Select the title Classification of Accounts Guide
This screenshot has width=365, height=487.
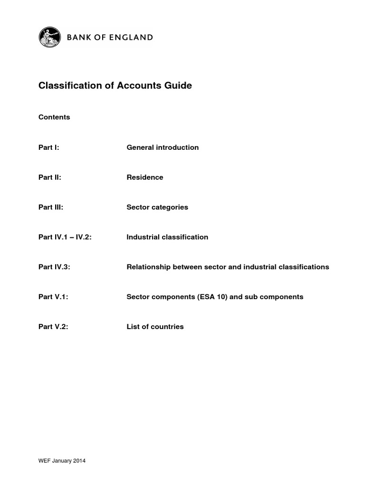coord(115,86)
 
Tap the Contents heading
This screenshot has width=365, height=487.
coord(54,117)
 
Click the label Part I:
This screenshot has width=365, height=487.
coord(48,147)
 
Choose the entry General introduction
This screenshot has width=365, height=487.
coord(163,147)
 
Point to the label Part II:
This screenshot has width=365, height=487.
coord(50,177)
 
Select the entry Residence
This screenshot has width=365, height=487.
coord(145,177)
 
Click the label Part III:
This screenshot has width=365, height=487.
coord(51,207)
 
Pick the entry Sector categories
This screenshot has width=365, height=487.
coord(157,207)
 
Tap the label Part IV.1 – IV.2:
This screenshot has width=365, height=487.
coord(65,237)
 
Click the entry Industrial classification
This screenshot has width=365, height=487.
coord(167,237)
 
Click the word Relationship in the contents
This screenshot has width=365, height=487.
coord(148,267)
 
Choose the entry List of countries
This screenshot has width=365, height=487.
coord(155,327)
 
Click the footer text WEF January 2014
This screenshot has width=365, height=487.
coord(62,461)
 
